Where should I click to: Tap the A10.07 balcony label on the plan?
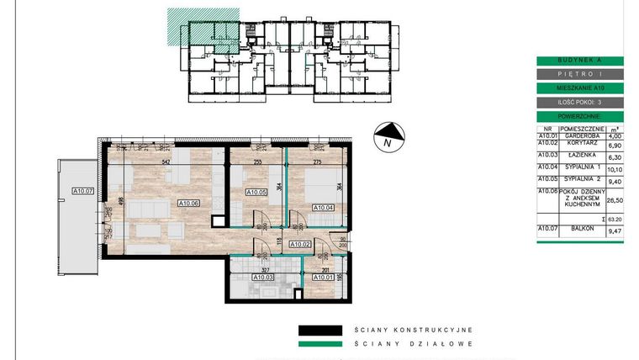pos(82,190)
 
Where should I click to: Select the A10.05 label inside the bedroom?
pos(256,193)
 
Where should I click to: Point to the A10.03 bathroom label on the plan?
pos(262,276)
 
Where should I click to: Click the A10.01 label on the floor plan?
pos(324,276)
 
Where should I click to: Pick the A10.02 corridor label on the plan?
pos(301,244)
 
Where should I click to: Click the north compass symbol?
pos(388,135)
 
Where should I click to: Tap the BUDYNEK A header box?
pos(579,61)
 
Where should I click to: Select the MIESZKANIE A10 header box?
pos(579,87)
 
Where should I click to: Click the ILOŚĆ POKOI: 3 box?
pos(579,101)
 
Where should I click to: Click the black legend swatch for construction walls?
pos(320,331)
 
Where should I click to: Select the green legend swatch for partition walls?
pos(320,343)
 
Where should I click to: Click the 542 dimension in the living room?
pos(166,161)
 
